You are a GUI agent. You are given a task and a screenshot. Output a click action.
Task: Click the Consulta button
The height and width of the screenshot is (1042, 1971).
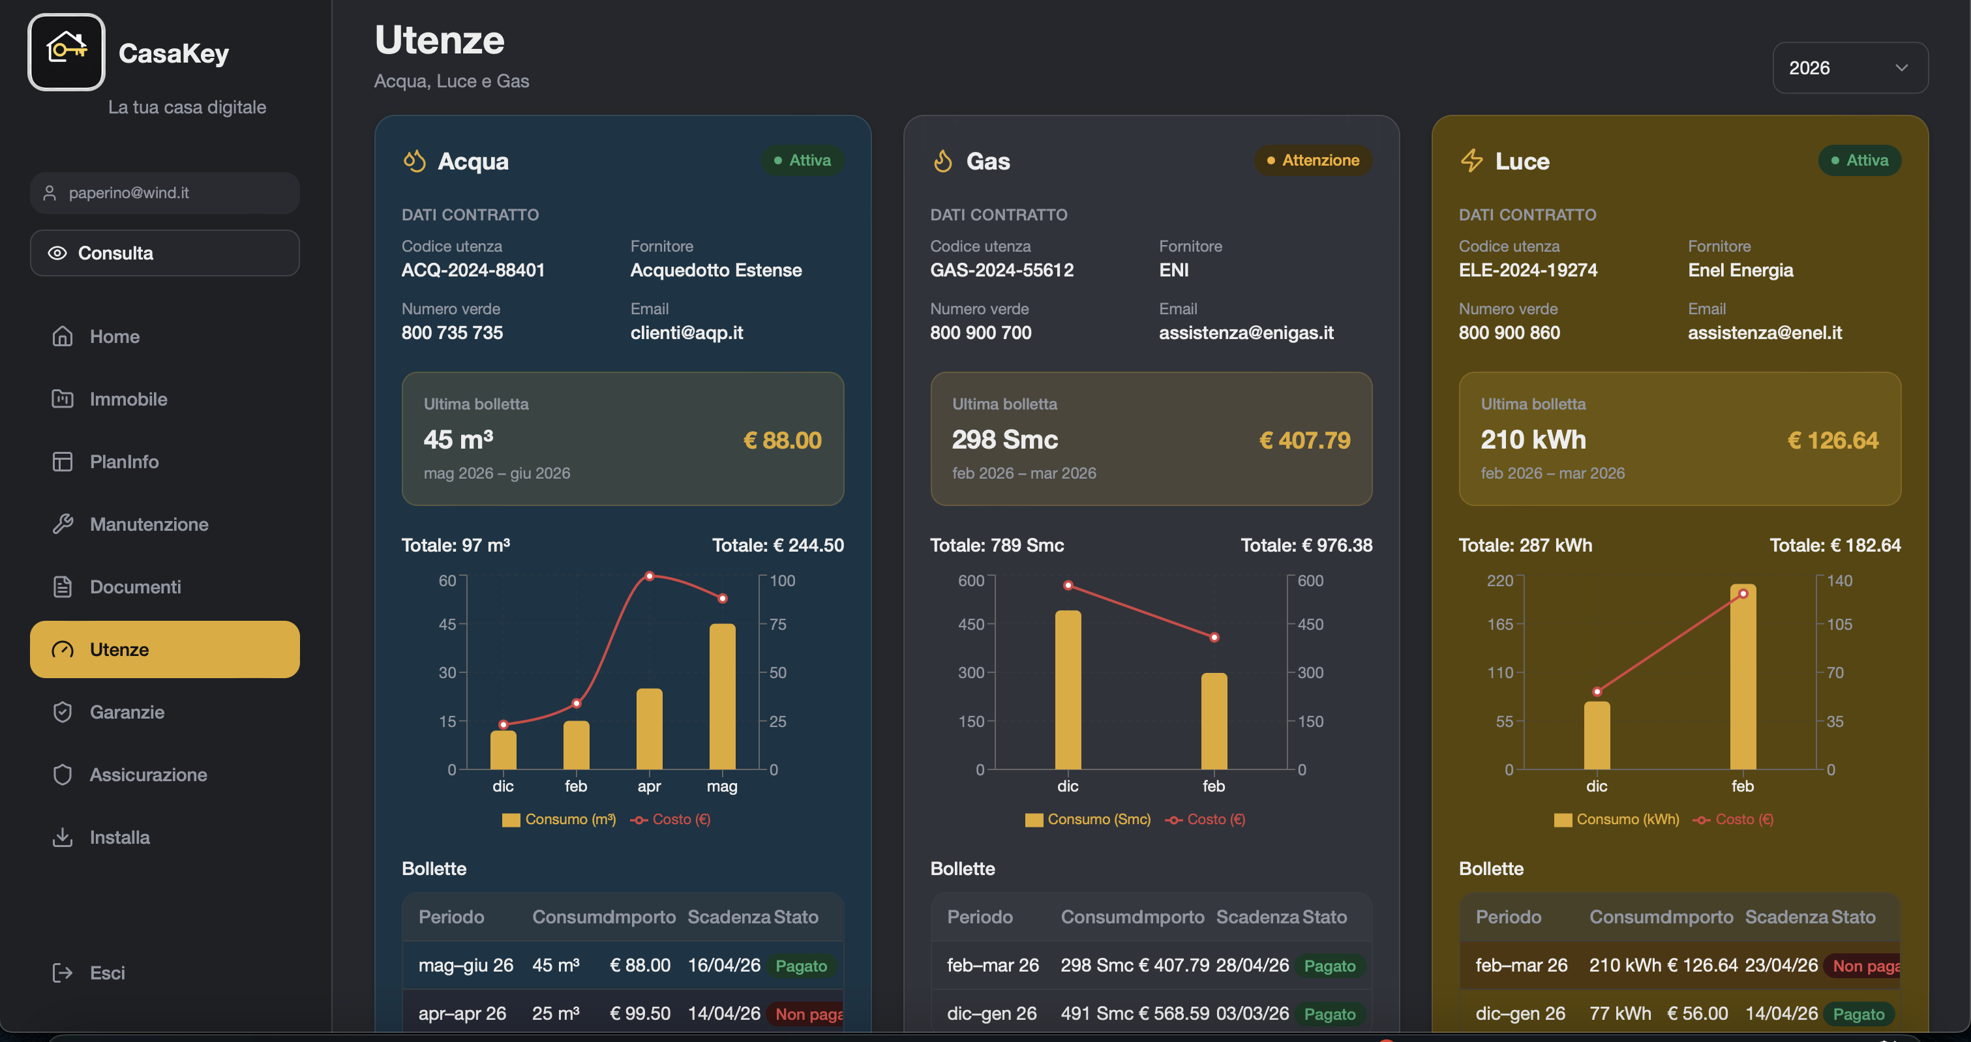[x=164, y=253]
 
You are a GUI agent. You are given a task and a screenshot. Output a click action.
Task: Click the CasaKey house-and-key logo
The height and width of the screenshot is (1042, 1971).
[x=67, y=52]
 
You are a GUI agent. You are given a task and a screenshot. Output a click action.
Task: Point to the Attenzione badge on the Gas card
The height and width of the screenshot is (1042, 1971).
[x=1313, y=160]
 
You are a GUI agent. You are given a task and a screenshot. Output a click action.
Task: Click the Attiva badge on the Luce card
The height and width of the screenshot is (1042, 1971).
[x=1859, y=160]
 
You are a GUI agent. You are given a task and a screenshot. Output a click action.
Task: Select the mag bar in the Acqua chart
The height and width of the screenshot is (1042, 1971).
[x=722, y=696]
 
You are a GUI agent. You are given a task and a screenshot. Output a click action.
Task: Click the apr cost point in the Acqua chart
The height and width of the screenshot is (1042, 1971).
[x=650, y=576]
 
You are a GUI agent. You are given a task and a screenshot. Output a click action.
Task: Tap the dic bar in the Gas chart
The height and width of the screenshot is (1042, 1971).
[x=1068, y=690]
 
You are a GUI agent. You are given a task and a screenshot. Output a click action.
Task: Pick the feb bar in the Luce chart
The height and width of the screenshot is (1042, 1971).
[x=1743, y=677]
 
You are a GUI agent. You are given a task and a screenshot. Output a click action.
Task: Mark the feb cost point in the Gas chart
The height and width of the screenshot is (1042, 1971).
[x=1214, y=637]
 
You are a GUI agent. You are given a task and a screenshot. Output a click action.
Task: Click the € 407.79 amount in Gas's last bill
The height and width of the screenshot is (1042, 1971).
[x=1304, y=441]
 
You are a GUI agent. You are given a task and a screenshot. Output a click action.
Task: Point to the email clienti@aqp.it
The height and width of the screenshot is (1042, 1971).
[x=686, y=333]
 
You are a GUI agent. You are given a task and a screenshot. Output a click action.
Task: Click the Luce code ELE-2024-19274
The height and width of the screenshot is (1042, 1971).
[x=1528, y=270]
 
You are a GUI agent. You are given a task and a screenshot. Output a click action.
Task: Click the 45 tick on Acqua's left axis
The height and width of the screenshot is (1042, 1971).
[x=447, y=624]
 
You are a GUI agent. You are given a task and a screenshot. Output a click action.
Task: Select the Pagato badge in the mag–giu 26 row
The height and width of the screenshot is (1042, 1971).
[x=801, y=966]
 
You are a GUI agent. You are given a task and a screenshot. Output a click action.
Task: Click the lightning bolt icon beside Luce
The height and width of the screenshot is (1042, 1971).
[x=1471, y=160]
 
